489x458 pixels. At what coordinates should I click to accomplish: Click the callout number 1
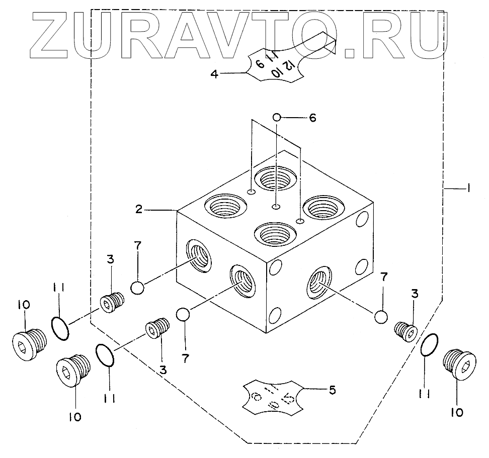click(468, 188)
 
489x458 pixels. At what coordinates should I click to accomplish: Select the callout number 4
click(214, 74)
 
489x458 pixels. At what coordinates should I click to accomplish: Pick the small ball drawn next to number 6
click(277, 117)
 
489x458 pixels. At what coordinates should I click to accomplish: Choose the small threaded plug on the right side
click(405, 331)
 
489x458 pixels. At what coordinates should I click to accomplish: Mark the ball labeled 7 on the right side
click(381, 317)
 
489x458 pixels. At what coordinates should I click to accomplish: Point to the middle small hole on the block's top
click(276, 206)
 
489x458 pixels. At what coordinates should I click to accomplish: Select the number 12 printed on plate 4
click(288, 66)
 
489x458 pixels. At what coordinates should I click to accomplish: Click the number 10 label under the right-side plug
click(457, 412)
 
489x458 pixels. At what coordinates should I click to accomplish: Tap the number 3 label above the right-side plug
click(414, 295)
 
